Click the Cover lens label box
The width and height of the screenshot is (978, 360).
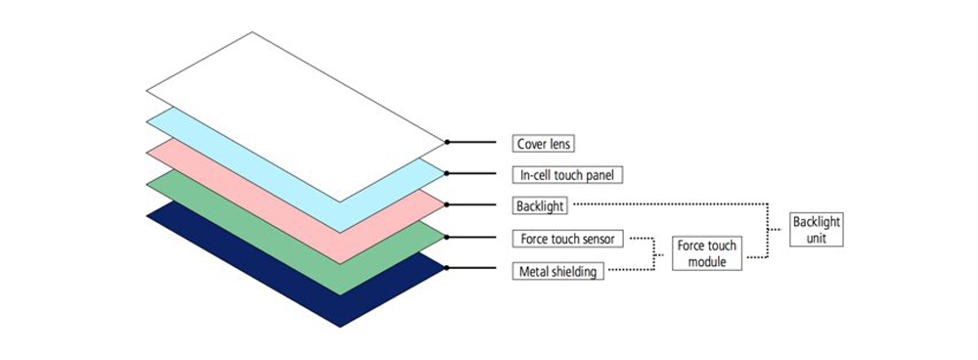point(543,143)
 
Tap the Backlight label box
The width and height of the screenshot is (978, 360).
point(539,205)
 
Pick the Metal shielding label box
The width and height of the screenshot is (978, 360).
point(556,271)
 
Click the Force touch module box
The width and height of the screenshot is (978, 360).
point(707,253)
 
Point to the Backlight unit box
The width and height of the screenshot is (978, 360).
point(816,230)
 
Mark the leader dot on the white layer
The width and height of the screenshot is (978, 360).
point(447,143)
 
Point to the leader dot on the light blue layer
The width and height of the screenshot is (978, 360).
point(447,174)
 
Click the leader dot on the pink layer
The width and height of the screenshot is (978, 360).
point(447,205)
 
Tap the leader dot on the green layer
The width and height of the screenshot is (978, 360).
point(447,238)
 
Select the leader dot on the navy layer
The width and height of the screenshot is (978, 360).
point(447,268)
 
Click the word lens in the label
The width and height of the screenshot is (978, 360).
point(559,143)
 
